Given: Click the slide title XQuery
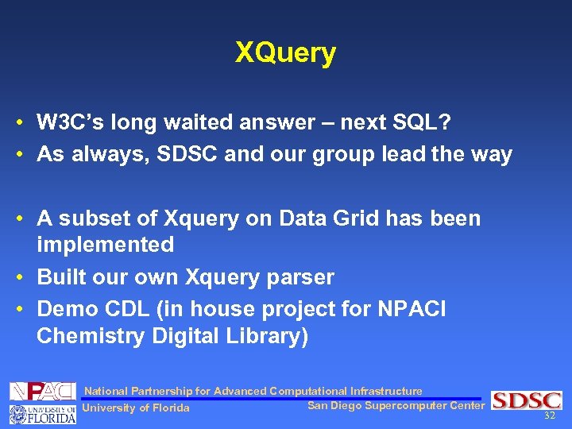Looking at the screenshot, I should click(285, 53).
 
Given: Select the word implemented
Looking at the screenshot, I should click(105, 245).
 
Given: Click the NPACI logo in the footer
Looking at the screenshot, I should click(43, 391).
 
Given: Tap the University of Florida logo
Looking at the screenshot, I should click(43, 413).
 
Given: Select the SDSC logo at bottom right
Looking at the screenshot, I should click(526, 400).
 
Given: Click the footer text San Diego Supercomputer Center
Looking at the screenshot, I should click(396, 406).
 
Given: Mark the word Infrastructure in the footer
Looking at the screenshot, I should click(386, 391).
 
